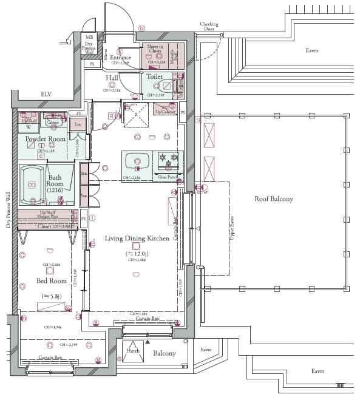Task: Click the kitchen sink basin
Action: pos(138,162)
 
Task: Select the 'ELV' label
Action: pos(46,95)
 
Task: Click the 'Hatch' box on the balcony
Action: pos(132,351)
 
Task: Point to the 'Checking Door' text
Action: pos(209,27)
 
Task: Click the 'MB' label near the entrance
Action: pos(89,38)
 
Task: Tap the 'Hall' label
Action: pos(112,78)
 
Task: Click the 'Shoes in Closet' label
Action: pos(155,49)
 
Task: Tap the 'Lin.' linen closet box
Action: pos(78,124)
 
